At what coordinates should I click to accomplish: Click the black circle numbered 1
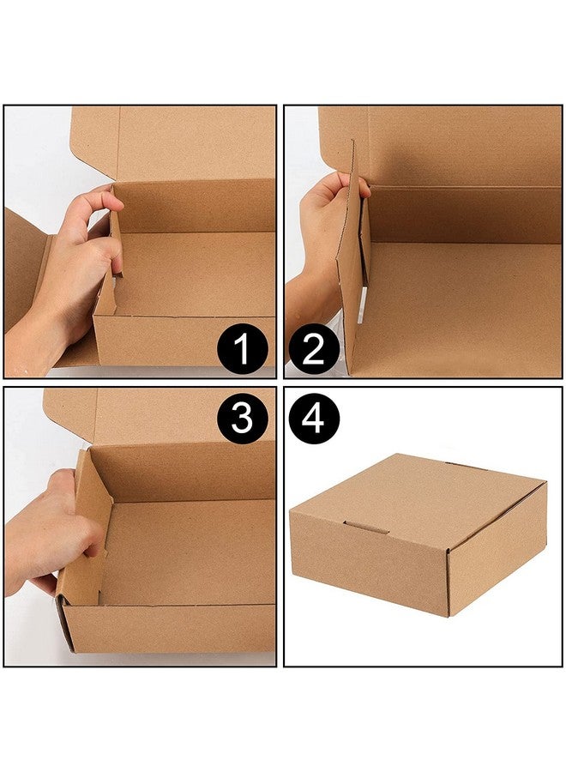pyautogui.click(x=241, y=351)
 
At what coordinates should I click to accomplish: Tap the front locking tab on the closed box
pyautogui.click(x=366, y=527)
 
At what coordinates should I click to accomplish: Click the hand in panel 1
pyautogui.click(x=81, y=257)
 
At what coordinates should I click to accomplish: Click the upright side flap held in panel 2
pyautogui.click(x=352, y=257)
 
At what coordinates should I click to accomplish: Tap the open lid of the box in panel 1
pyautogui.click(x=189, y=142)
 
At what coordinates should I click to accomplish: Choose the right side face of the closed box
pyautogui.click(x=497, y=553)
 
